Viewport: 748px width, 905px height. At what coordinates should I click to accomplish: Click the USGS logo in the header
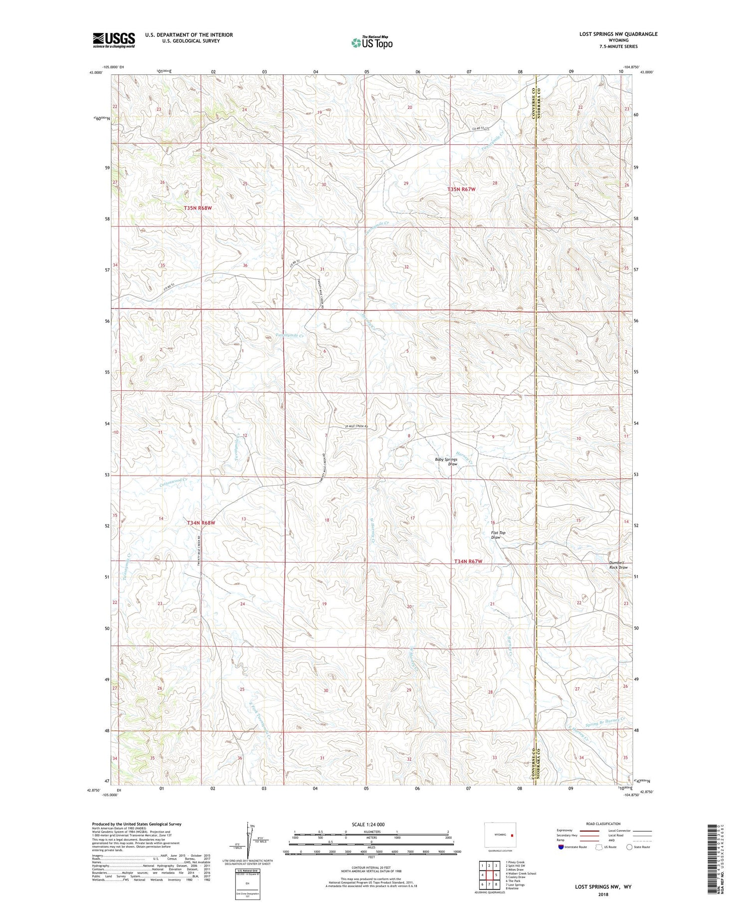coord(114,40)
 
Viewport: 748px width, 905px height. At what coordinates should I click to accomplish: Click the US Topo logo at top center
coord(372,42)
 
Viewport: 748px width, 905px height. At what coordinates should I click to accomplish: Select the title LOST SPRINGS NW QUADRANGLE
coord(618,34)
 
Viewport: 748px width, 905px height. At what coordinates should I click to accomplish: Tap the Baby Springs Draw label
coord(446,462)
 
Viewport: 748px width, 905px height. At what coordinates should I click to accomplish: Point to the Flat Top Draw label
coord(498,535)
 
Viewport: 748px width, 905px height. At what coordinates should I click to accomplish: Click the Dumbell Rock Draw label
coord(618,565)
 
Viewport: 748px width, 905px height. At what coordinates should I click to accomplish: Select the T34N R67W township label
coord(468,562)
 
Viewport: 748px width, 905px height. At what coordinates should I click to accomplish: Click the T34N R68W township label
coord(201,523)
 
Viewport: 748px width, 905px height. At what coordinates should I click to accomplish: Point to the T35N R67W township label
coord(461,190)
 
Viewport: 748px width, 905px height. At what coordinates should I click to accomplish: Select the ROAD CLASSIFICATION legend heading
coord(603,824)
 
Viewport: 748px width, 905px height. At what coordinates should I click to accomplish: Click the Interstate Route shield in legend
coord(561,847)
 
